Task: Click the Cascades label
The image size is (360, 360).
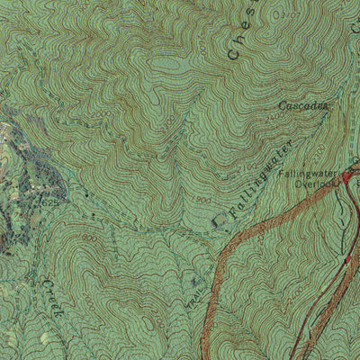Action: [x=303, y=105]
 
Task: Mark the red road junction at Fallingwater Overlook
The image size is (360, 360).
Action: [x=346, y=177]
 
